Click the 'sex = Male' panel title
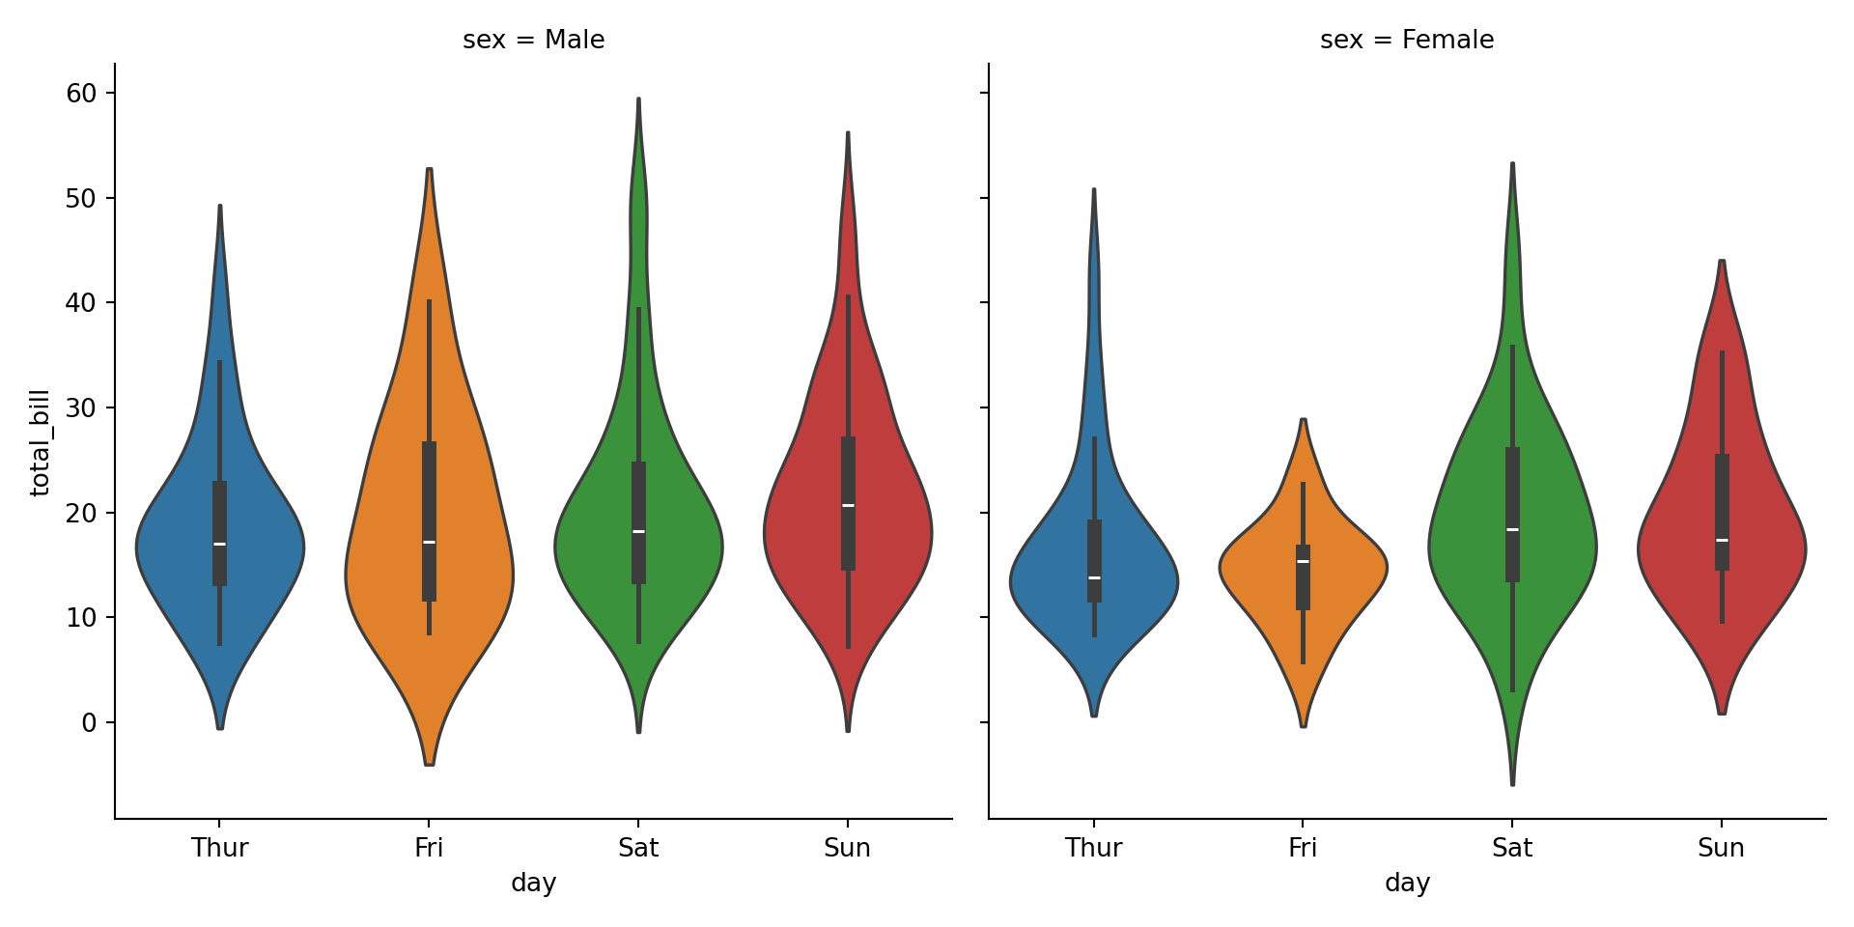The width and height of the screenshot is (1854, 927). [x=533, y=40]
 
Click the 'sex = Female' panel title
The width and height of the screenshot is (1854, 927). [x=1406, y=40]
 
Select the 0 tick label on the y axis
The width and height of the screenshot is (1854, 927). [x=89, y=722]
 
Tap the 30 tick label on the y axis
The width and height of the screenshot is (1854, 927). [x=81, y=407]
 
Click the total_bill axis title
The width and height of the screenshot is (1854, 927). [x=40, y=442]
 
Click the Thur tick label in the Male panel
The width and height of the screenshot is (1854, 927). [x=219, y=848]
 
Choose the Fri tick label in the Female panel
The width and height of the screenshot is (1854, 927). [x=1302, y=848]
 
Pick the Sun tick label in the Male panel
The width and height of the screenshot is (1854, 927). [x=847, y=848]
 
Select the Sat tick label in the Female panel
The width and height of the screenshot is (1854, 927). [x=1511, y=848]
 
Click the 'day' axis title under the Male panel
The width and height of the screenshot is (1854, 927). [x=533, y=883]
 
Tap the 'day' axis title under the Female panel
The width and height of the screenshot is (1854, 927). [x=1407, y=883]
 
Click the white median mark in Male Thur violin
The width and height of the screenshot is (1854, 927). [x=220, y=545]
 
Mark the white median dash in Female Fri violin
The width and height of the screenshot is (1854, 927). [x=1303, y=561]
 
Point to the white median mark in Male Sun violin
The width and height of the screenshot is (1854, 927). [x=848, y=505]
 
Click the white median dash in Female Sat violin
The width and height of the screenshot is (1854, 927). [x=1512, y=529]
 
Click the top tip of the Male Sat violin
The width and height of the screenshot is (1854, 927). [x=638, y=99]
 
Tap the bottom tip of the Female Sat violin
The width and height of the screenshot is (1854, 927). [x=1512, y=783]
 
